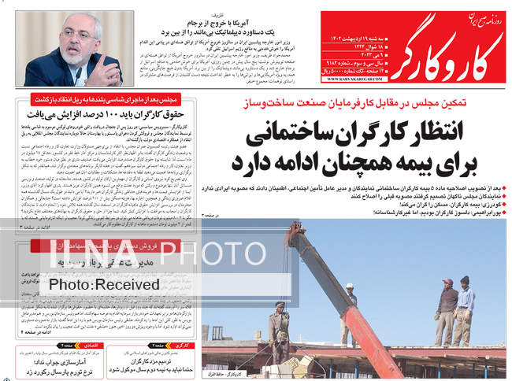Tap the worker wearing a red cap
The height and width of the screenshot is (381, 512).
point(446,302)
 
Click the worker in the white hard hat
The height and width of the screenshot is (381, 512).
point(347,309)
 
